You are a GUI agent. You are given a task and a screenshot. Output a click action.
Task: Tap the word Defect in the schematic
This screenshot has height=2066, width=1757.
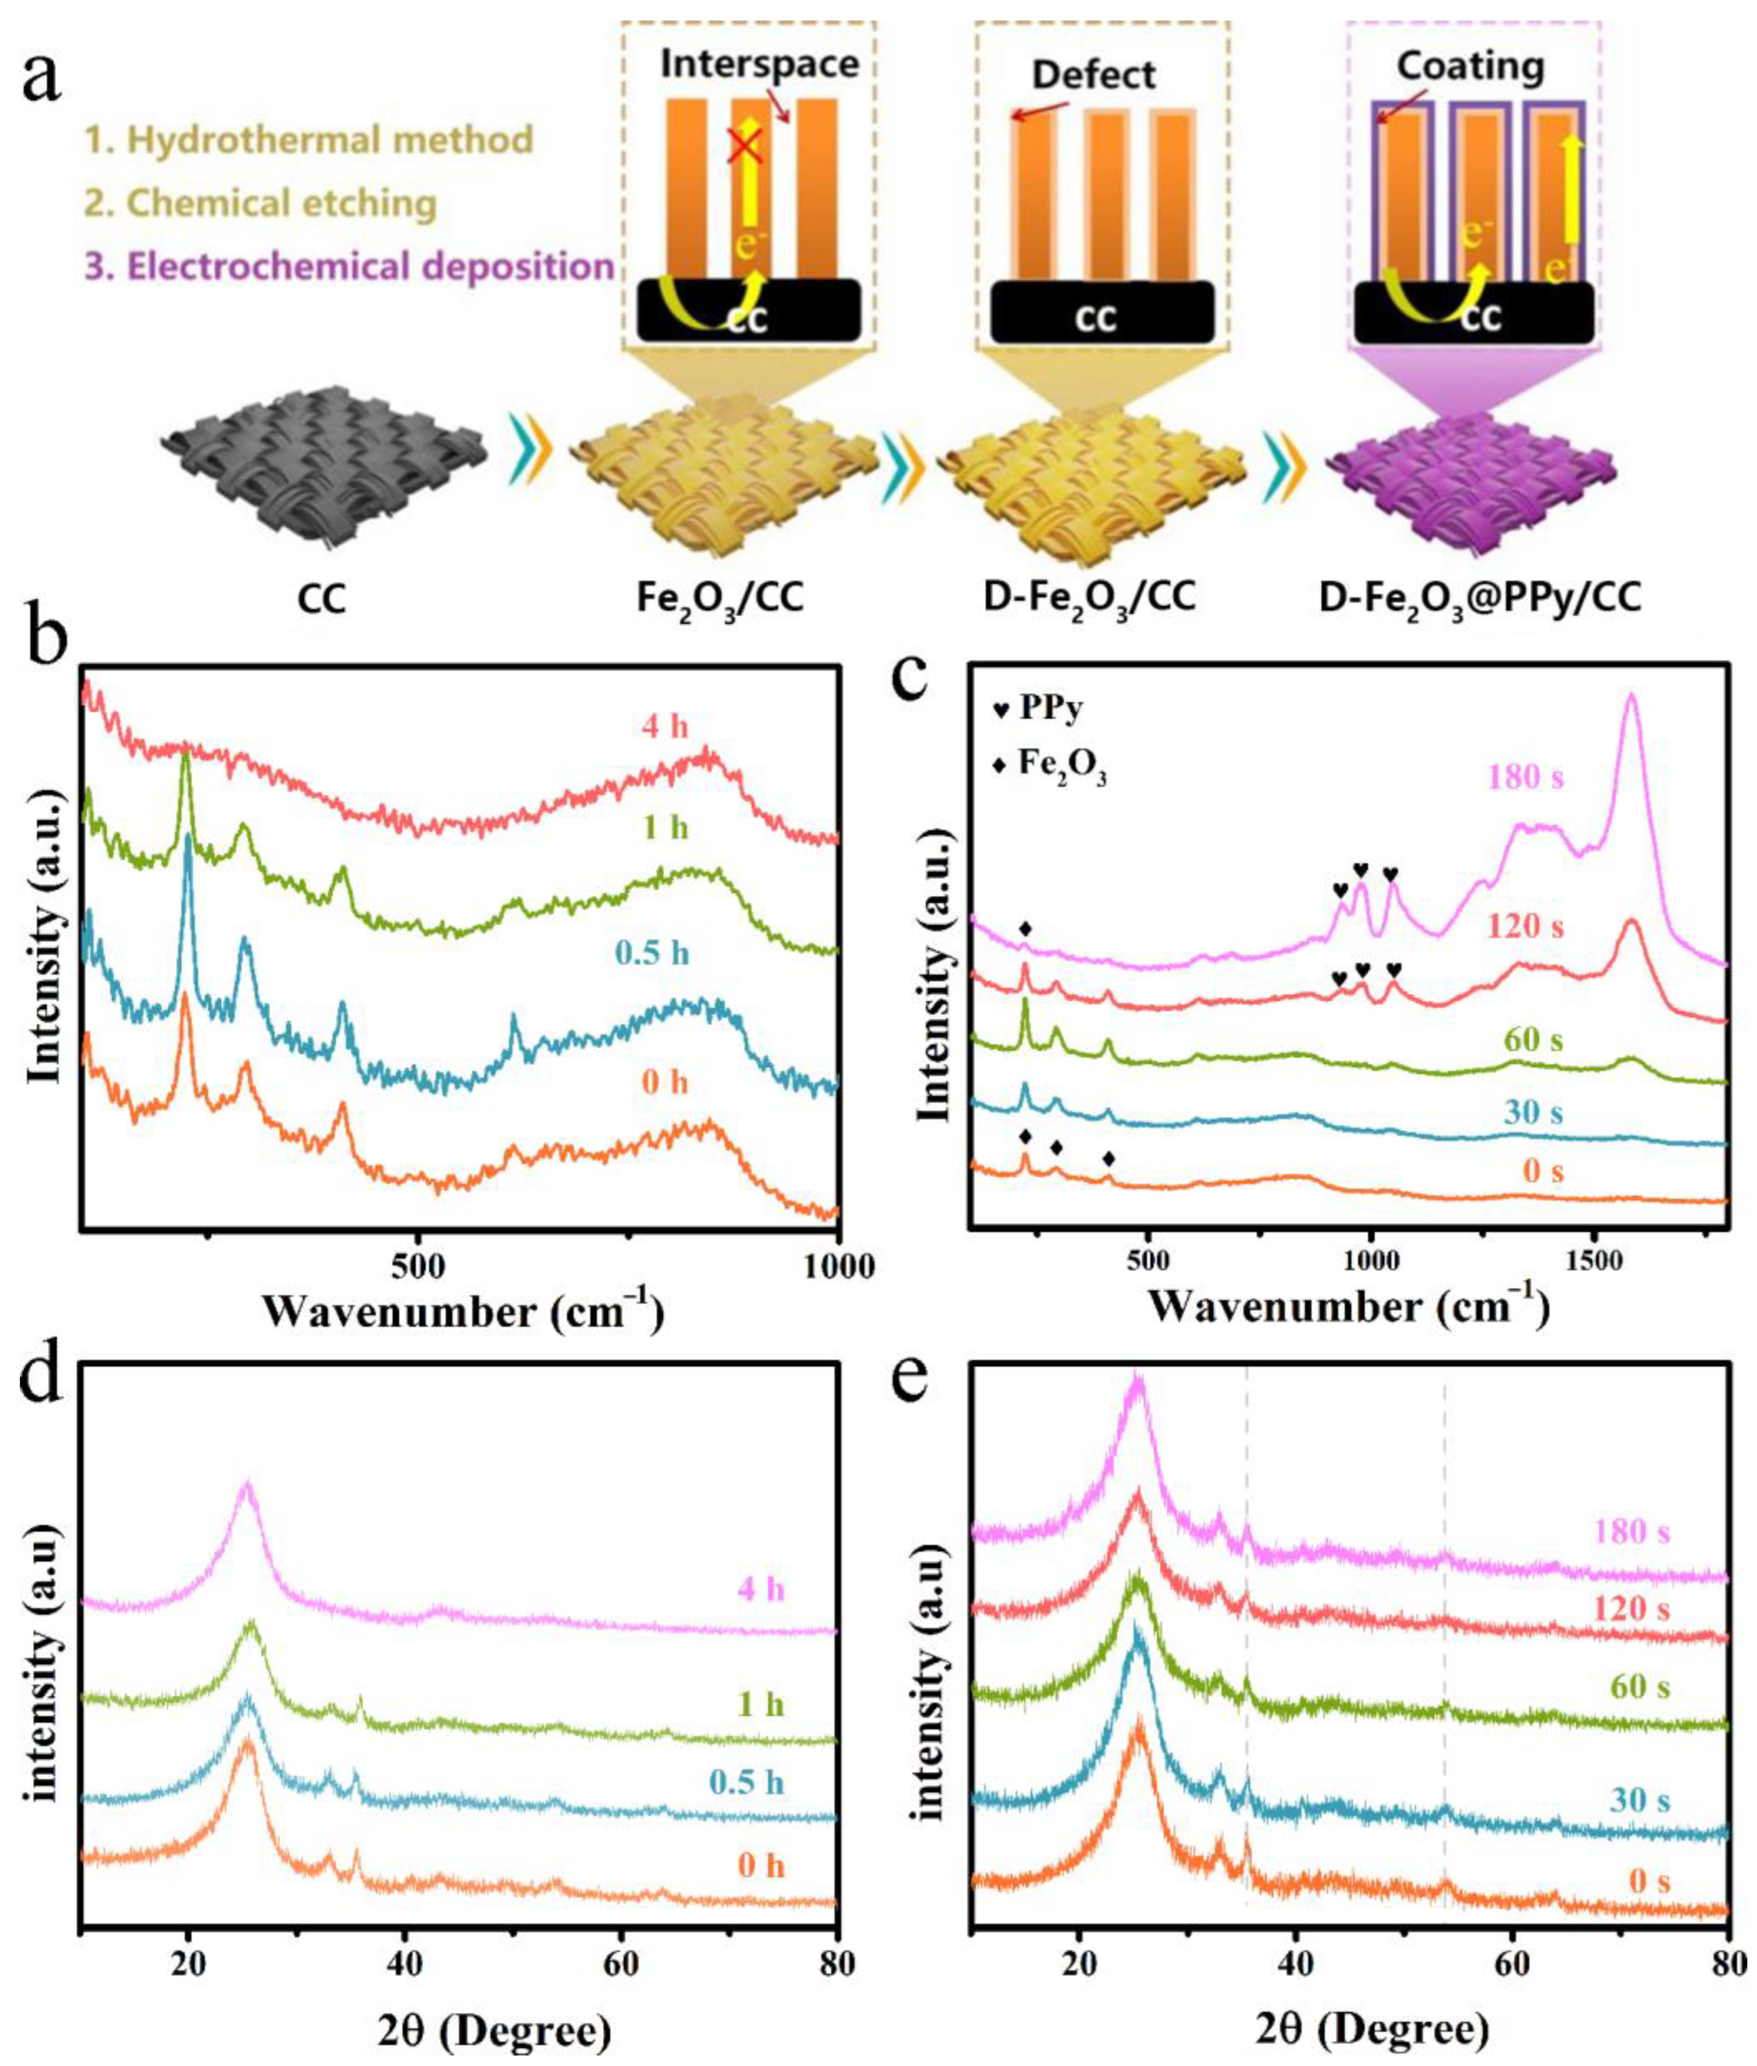click(1094, 75)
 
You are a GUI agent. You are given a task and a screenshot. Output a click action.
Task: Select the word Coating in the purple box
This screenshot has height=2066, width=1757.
click(1470, 67)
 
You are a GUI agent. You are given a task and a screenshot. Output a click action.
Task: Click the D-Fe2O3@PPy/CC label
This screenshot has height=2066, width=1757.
click(1480, 598)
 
